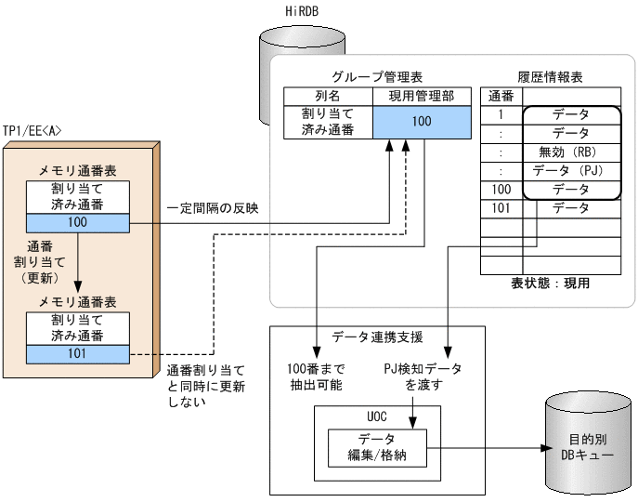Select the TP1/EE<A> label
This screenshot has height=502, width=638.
tap(33, 131)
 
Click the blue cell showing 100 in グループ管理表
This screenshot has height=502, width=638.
tap(421, 122)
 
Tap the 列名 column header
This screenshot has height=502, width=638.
tap(328, 96)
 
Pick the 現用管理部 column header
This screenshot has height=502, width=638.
tap(421, 96)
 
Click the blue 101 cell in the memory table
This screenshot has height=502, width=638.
tap(77, 354)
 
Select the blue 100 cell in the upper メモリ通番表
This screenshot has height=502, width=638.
tap(77, 223)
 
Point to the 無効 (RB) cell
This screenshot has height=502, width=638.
tap(571, 152)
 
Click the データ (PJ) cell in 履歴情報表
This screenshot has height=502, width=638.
tap(571, 171)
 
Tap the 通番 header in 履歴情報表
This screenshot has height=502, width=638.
tap(501, 96)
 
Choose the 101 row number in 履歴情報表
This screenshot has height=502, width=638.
tap(501, 208)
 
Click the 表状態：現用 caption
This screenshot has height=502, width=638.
tap(551, 283)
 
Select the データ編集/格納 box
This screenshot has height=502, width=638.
tap(377, 446)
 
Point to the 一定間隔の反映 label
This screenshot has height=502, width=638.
tap(213, 207)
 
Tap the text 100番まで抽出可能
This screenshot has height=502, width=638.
tap(315, 376)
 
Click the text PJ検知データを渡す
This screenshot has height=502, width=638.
tap(423, 376)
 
